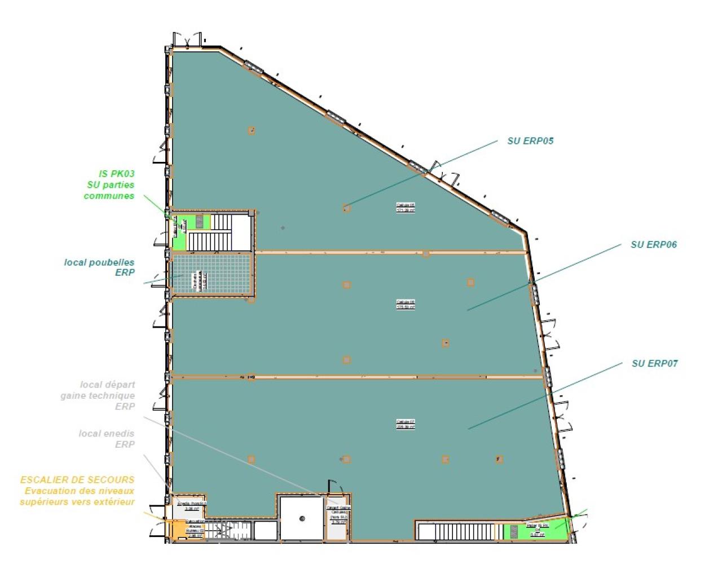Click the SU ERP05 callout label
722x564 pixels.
pos(530,141)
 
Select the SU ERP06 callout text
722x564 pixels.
pos(653,245)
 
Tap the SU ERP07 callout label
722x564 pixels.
pos(654,364)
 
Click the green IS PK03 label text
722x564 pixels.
pos(116,174)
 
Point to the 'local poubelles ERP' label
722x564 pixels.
pos(99,267)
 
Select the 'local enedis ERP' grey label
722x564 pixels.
pos(107,439)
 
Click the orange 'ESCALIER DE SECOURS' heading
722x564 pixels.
pos(77,480)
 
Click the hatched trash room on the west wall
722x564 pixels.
pos(211,274)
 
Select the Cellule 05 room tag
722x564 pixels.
pos(406,208)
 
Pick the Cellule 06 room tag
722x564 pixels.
pos(406,305)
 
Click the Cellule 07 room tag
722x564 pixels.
pos(406,424)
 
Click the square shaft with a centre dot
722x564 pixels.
pos(302,518)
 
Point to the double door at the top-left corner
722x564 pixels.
pos(186,39)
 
